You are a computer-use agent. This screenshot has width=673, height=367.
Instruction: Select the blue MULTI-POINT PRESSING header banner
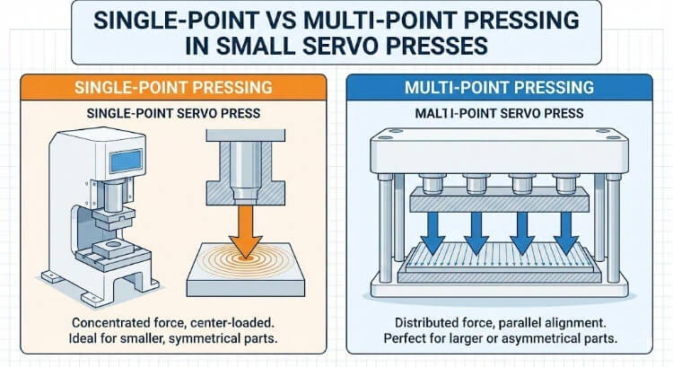(498, 90)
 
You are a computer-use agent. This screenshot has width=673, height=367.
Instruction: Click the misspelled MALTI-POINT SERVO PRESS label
(498, 114)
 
